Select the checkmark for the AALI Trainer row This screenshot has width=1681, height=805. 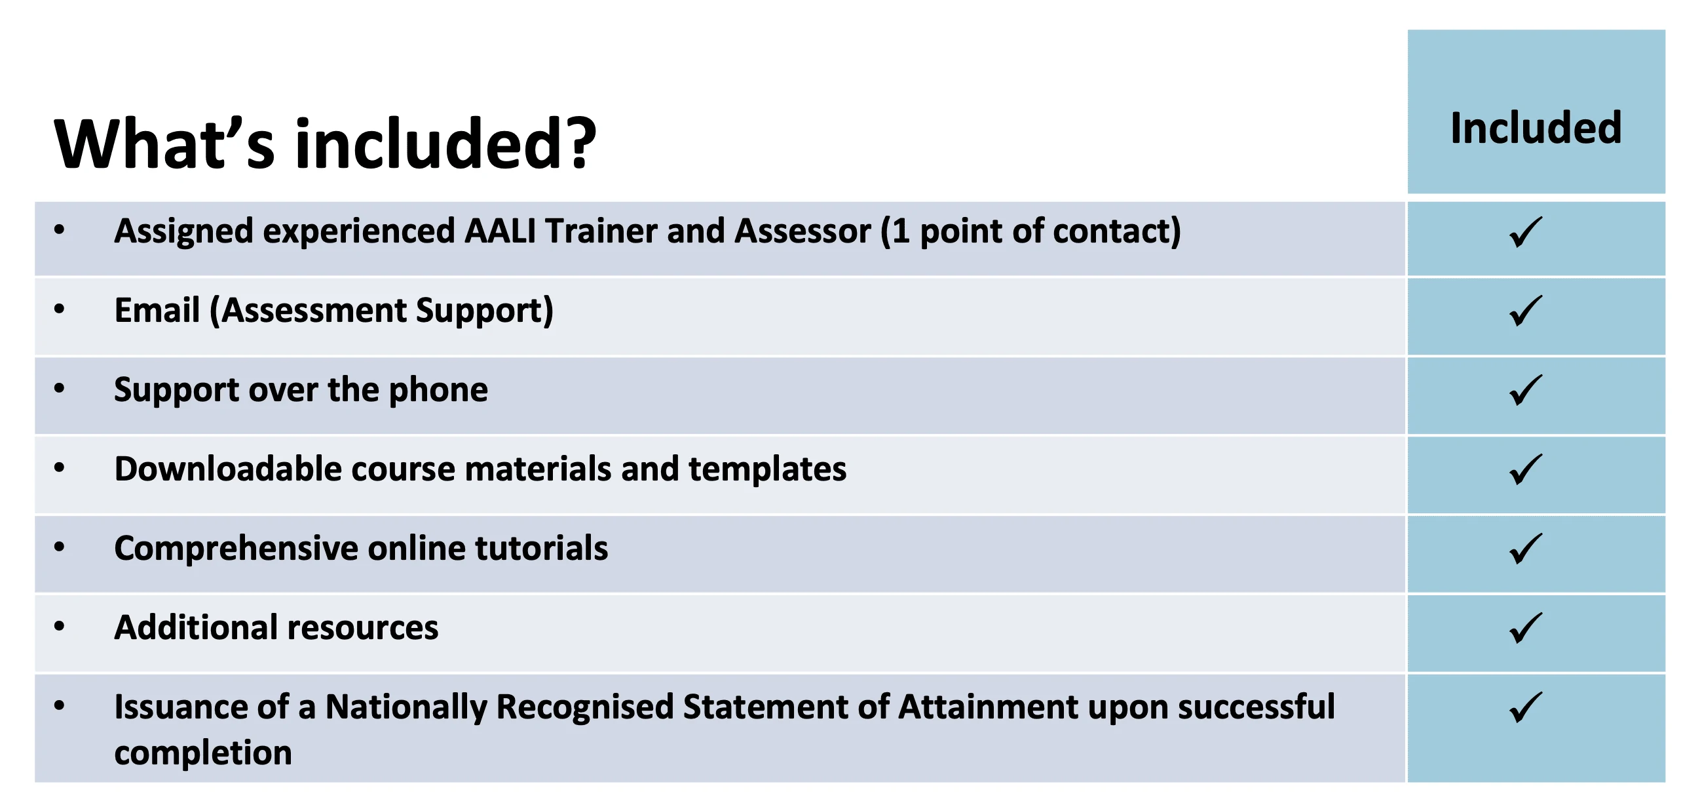tap(1526, 232)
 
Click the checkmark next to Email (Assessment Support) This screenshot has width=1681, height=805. tap(1526, 311)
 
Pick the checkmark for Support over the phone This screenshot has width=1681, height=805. tap(1526, 390)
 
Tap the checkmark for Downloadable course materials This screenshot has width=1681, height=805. tap(1526, 469)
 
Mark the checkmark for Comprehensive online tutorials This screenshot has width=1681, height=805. tap(1526, 549)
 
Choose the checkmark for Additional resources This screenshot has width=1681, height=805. tap(1526, 628)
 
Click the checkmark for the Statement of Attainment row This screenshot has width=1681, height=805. tap(1526, 707)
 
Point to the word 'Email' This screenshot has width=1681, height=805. tap(157, 310)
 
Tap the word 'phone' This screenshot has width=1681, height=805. tap(438, 391)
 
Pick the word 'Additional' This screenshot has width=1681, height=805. tap(196, 627)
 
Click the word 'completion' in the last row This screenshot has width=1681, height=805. tap(203, 753)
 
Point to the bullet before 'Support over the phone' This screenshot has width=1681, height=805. tap(60, 388)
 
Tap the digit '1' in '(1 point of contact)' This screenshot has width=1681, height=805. tap(900, 231)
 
